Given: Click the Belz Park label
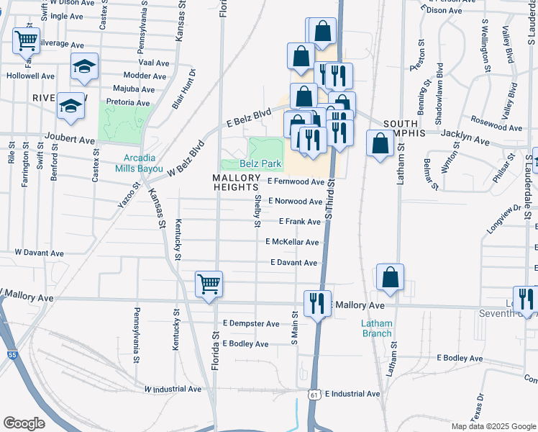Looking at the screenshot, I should click(x=260, y=164).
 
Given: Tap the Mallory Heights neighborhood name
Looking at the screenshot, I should click(x=235, y=182).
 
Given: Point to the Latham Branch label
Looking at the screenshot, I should click(x=377, y=328).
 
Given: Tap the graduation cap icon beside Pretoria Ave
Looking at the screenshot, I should click(x=70, y=107).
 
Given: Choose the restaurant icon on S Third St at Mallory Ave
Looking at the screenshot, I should click(x=316, y=302).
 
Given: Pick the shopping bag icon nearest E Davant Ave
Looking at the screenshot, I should click(x=390, y=278).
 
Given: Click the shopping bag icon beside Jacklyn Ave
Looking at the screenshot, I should click(x=379, y=143).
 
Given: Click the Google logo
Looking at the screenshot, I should click(x=24, y=423).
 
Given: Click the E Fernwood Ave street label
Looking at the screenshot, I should click(x=296, y=182).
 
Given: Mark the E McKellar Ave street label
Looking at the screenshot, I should click(x=292, y=243).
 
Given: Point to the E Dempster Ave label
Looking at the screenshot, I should click(x=251, y=324).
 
